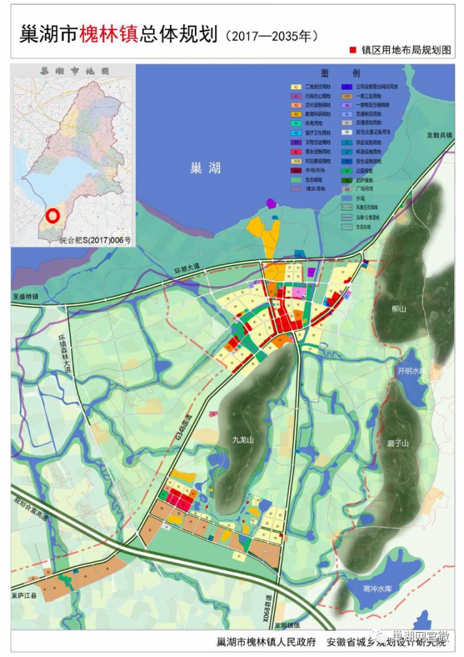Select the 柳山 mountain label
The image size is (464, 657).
click(400, 308)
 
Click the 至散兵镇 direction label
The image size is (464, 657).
click(438, 135)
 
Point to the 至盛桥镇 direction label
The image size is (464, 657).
click(26, 297)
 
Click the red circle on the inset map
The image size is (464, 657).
click(53, 215)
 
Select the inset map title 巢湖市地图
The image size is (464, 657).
click(74, 70)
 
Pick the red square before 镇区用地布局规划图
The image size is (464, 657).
click(352, 50)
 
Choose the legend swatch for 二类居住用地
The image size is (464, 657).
click(296, 86)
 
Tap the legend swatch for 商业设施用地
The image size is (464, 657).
click(296, 151)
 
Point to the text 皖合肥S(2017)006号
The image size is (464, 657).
click(95, 241)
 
